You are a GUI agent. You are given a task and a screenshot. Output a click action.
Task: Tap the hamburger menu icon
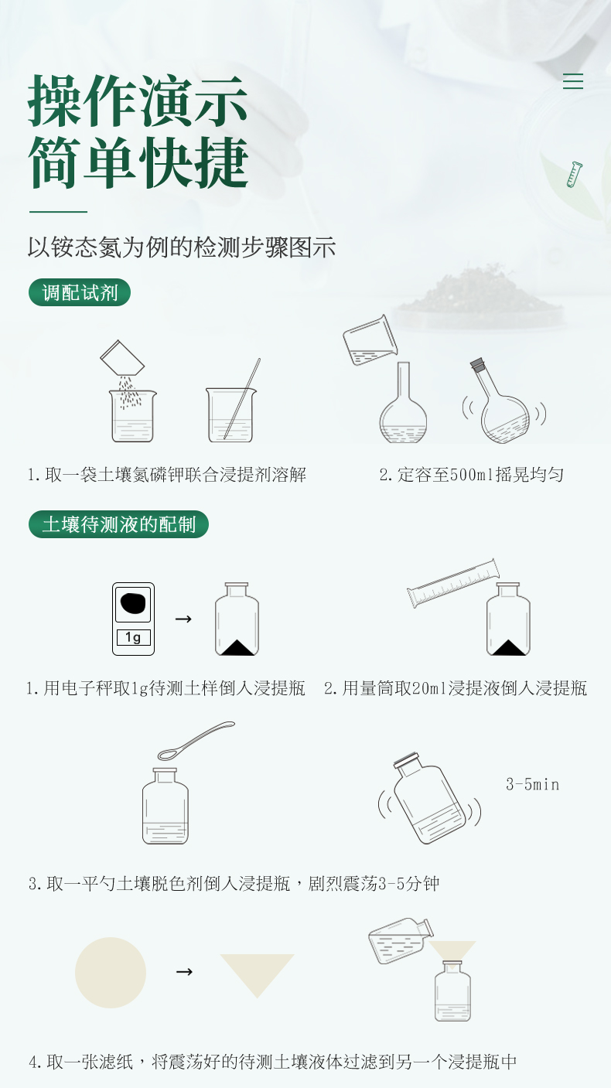[x=572, y=81]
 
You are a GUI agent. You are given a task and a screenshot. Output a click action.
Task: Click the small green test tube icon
[x=574, y=174]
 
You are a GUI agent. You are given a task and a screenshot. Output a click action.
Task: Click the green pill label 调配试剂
[x=80, y=292]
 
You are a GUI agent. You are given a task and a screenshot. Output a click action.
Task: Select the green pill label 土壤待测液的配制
[x=118, y=524]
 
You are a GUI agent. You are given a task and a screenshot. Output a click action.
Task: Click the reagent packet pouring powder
[x=122, y=358]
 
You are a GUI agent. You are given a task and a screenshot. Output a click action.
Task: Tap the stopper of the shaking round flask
[x=477, y=364]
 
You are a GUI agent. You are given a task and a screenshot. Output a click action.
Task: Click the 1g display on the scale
[x=134, y=637]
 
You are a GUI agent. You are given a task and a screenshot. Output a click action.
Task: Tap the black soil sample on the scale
[x=132, y=603]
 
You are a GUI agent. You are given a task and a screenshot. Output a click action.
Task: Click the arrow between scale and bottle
[x=183, y=619]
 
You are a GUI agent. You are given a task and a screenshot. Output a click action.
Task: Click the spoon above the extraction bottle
[x=196, y=742]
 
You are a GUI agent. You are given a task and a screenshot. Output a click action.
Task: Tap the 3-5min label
[x=533, y=784]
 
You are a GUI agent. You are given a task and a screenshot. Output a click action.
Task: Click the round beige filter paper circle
[x=111, y=973]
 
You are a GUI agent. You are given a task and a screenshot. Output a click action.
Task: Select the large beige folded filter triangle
[x=258, y=970]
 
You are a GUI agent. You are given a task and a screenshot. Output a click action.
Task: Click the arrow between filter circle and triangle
[x=184, y=971]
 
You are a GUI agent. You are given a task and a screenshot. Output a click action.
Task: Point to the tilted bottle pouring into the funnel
[x=400, y=940]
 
